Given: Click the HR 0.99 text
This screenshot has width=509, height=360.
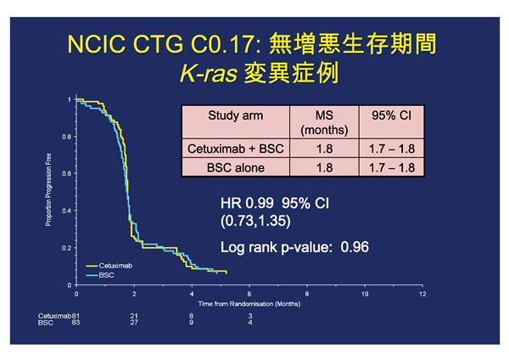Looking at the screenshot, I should click(x=247, y=205).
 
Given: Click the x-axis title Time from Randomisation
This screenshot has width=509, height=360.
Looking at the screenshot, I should click(x=249, y=303).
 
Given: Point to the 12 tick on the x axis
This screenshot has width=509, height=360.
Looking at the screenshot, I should click(x=422, y=293).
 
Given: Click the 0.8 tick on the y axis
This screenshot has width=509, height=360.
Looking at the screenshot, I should click(x=66, y=137).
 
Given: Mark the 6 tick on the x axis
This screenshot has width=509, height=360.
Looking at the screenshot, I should click(x=249, y=293).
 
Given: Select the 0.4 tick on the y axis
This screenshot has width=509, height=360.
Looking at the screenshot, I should click(x=66, y=211).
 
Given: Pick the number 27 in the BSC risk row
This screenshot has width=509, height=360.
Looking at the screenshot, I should click(x=133, y=323).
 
